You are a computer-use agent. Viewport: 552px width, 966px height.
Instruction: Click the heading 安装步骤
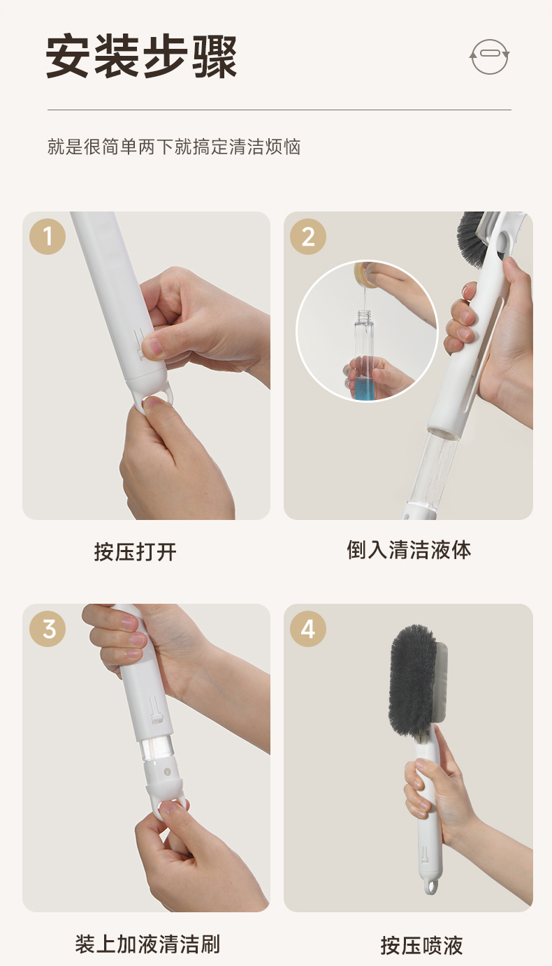click(x=141, y=57)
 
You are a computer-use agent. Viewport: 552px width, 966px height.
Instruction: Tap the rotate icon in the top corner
click(x=489, y=57)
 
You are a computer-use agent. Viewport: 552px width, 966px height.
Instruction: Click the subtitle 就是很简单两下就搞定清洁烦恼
click(x=174, y=147)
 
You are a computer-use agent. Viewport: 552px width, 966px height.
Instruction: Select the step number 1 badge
click(x=48, y=237)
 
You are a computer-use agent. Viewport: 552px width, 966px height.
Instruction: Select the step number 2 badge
click(x=307, y=237)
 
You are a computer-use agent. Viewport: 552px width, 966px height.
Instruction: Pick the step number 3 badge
click(x=48, y=628)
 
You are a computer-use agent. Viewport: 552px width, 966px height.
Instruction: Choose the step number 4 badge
click(x=307, y=628)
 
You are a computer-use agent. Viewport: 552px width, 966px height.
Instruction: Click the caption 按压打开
click(x=136, y=552)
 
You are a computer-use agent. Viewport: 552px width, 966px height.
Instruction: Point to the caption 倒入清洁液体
click(x=409, y=550)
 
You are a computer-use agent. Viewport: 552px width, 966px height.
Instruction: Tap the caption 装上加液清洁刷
click(x=147, y=944)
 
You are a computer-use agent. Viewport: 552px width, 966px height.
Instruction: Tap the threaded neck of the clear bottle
click(x=364, y=315)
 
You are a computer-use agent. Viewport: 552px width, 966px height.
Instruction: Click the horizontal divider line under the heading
click(x=279, y=110)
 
